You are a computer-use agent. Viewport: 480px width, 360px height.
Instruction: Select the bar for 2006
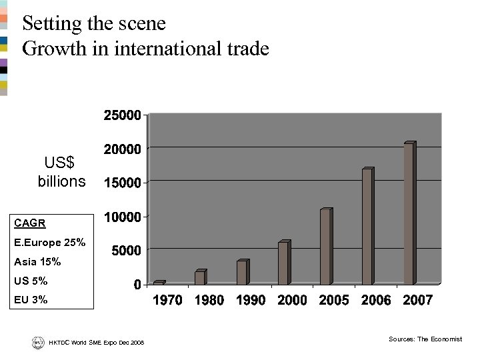coord(367,227)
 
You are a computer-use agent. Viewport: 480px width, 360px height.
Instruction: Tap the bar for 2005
coord(325,247)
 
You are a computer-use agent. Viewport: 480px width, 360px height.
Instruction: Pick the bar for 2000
coord(283,263)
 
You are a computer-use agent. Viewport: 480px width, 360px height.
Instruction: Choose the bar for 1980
coord(200,277)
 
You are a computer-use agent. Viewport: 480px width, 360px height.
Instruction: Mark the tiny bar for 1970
coord(159,283)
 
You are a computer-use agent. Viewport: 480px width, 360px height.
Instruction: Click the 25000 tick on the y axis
coord(121,115)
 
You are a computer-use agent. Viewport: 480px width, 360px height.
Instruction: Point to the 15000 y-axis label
coord(121,182)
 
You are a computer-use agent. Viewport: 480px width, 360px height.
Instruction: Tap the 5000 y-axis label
coord(125,251)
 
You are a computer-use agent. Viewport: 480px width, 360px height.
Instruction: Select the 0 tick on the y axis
coord(137,285)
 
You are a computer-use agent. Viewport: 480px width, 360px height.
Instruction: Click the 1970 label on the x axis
coord(168,301)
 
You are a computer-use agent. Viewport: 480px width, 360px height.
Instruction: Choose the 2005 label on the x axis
coord(334,301)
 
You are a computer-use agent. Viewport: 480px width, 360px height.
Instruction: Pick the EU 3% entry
coord(31,300)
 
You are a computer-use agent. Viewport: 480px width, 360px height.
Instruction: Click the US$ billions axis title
coord(61,172)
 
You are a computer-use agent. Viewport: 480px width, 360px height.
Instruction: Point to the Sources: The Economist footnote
coord(425,339)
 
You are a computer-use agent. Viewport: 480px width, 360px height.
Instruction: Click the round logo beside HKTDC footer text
coord(37,342)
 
